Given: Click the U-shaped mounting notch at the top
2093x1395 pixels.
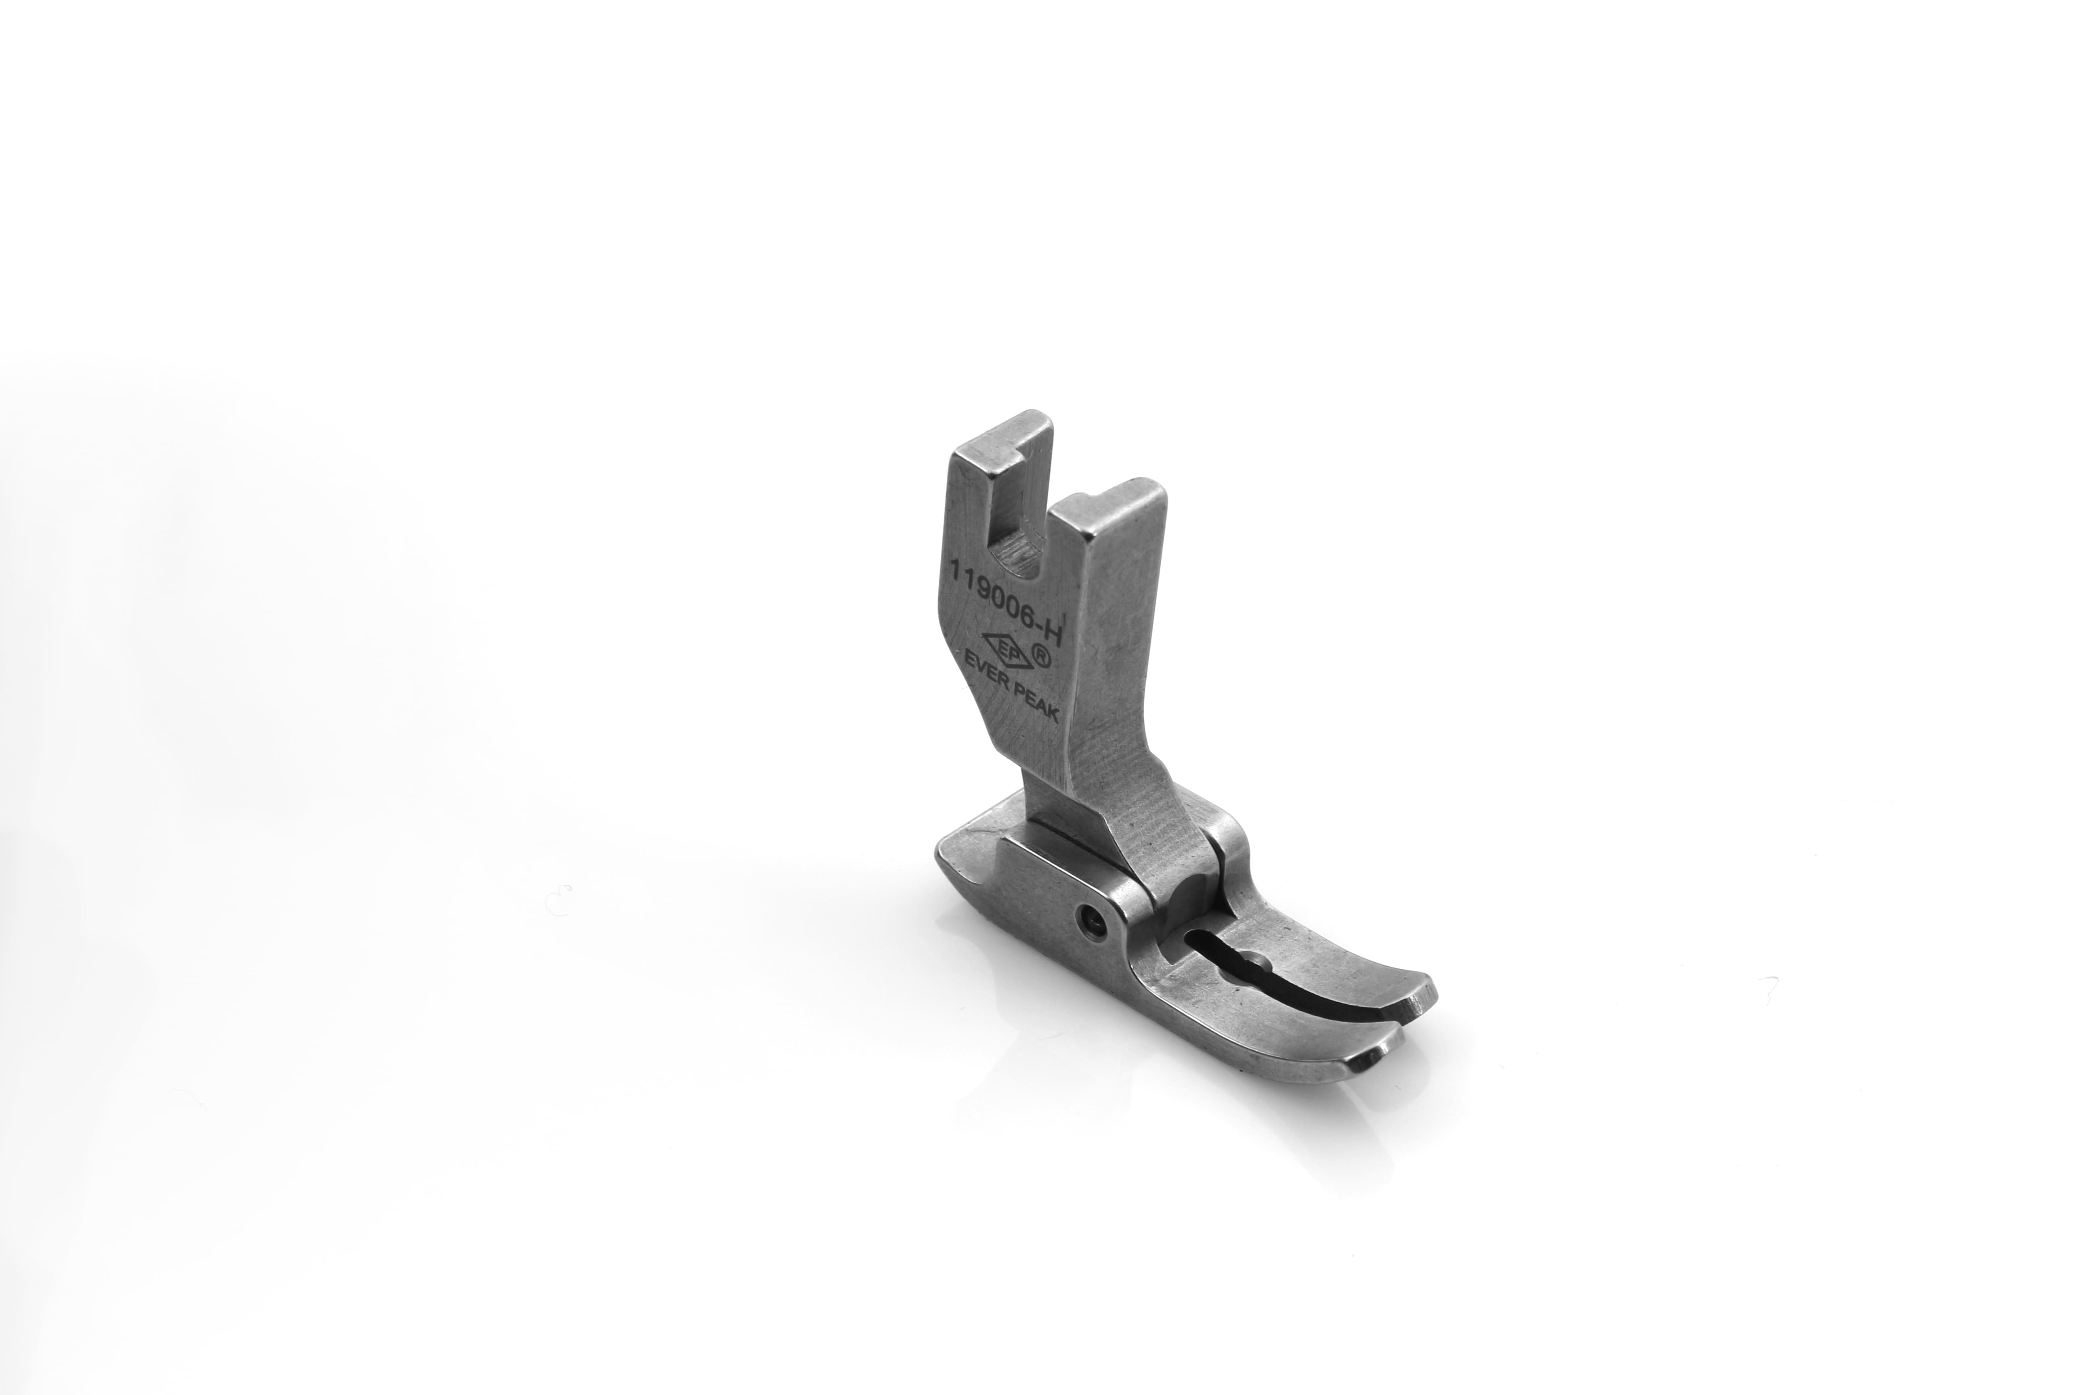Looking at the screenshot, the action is click(x=1023, y=525).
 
